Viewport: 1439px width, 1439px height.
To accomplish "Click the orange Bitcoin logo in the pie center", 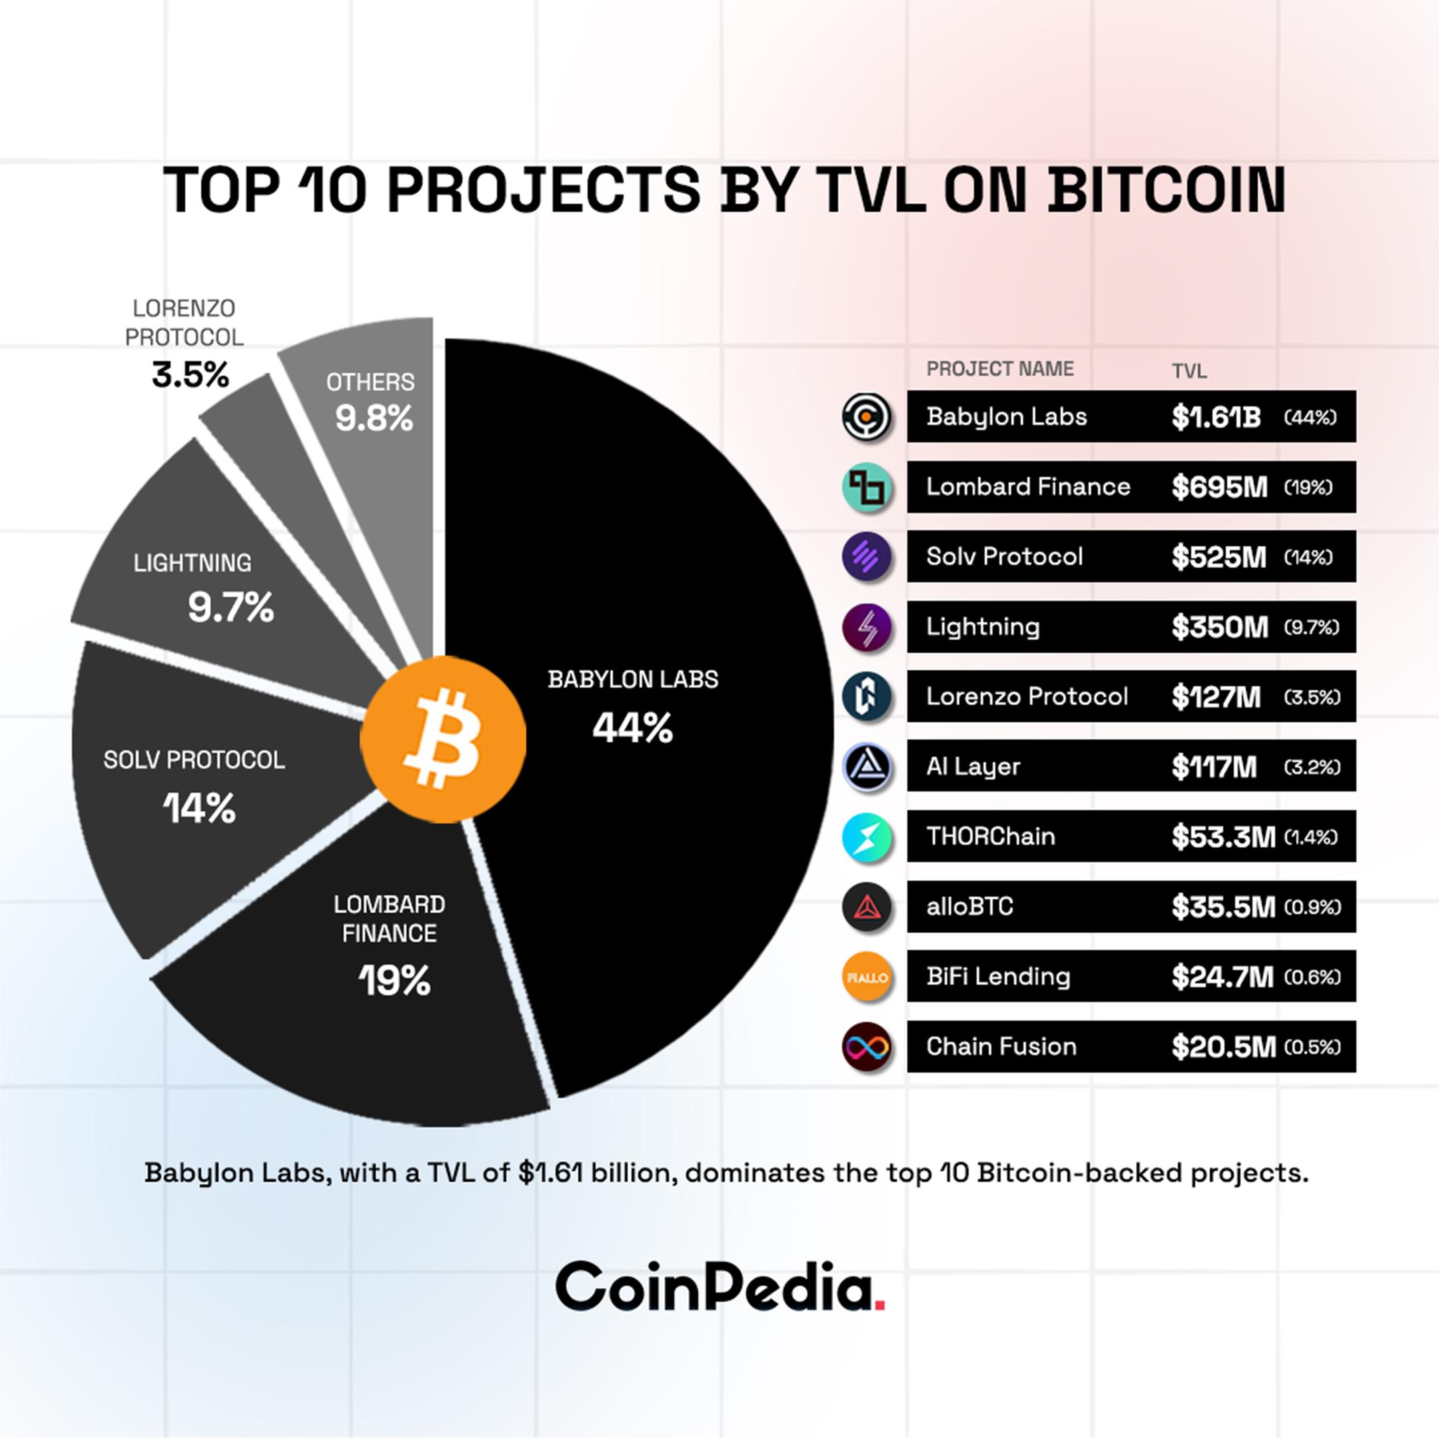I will [x=442, y=739].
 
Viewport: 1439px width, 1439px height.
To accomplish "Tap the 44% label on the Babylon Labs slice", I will [x=632, y=727].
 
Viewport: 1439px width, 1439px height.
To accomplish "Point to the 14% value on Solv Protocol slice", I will [x=199, y=808].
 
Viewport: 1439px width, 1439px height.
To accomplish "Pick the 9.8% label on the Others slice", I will [x=373, y=418].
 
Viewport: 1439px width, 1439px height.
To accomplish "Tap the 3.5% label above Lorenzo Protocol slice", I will [x=191, y=374].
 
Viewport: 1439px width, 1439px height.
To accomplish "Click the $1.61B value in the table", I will [x=1216, y=417].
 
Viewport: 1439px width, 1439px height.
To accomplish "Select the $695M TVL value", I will [x=1218, y=487].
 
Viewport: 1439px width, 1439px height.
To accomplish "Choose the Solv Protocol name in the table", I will [x=1004, y=556].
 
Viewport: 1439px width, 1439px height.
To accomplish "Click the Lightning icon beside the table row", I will [x=867, y=627].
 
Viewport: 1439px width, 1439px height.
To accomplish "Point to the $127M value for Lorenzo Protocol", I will [x=1216, y=697].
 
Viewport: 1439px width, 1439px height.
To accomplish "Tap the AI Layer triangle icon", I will [x=867, y=766].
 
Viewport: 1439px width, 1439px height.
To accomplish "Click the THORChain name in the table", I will [x=991, y=837].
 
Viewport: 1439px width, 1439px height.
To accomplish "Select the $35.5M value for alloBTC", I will [x=1222, y=907].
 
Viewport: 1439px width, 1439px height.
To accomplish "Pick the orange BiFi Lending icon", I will [x=867, y=977].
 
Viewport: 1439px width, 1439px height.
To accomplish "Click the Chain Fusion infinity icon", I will [x=867, y=1047].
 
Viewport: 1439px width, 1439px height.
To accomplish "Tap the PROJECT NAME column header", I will [x=999, y=368].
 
